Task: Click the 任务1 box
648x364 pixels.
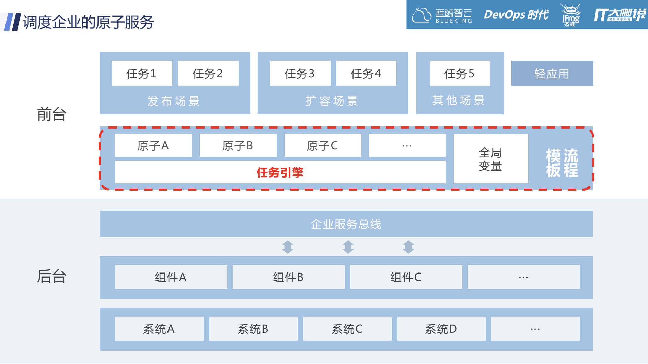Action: point(142,73)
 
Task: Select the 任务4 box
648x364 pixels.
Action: point(366,73)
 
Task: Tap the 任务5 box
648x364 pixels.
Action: point(460,73)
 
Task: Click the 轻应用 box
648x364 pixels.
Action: point(552,73)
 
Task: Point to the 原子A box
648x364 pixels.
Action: point(153,146)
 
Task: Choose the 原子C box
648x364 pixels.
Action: point(323,146)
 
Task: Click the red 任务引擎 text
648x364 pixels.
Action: point(280,172)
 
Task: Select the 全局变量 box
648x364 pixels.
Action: point(490,159)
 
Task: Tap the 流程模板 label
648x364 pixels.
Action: point(562,163)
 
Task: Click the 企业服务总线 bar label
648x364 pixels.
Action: point(346,224)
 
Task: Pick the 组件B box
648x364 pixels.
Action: point(288,277)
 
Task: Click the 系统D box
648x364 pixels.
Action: point(441,329)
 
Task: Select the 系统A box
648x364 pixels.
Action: point(159,329)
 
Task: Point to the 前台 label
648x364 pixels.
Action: point(51,114)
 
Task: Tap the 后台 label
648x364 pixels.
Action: point(51,276)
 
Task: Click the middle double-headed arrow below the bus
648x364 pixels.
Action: point(348,247)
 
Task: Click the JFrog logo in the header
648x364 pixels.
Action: point(570,15)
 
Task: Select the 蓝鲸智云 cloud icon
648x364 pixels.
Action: point(421,15)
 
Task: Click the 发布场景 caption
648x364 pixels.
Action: point(174,101)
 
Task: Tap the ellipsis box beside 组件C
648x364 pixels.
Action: point(523,277)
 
